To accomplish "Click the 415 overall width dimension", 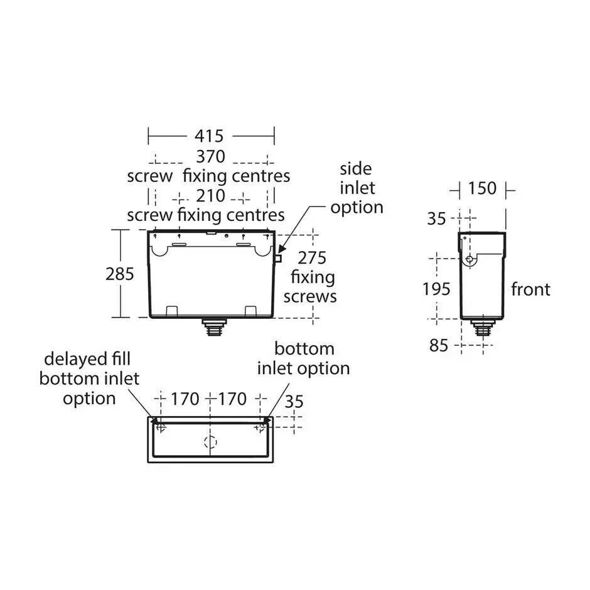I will (210, 136).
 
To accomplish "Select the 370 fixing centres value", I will (210, 156).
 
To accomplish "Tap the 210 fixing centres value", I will (210, 196).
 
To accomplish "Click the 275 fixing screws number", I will (311, 257).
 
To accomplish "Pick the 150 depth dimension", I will (482, 188).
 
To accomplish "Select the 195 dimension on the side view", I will (436, 289).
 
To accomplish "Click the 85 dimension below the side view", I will (439, 345).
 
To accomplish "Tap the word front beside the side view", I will (530, 289).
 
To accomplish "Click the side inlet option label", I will (357, 188).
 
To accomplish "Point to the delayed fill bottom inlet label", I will (88, 378).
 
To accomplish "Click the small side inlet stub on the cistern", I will (278, 257).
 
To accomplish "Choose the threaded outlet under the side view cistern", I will (483, 329).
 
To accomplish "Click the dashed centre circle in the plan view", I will (210, 441).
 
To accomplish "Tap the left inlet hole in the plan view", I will (161, 427).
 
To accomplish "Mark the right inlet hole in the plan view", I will (260, 427).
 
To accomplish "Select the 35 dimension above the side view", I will (436, 218).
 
